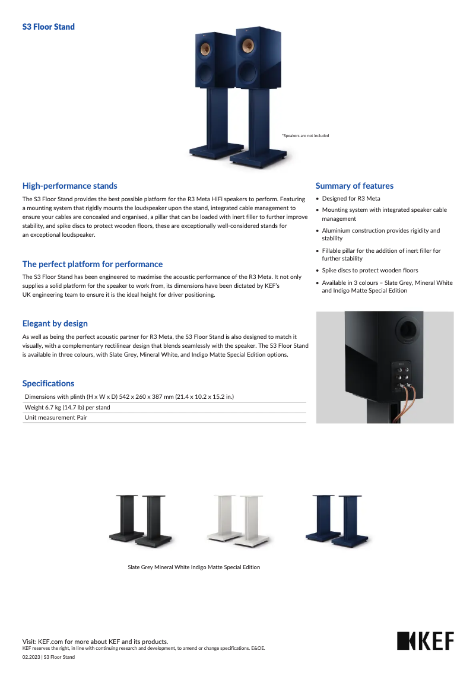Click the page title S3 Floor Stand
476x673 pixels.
click(49, 27)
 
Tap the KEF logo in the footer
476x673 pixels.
click(425, 642)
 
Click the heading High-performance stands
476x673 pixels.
click(69, 186)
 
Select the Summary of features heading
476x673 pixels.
click(354, 186)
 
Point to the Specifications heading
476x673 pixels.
click(48, 383)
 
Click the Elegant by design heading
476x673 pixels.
click(55, 323)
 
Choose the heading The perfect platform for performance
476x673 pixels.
click(92, 264)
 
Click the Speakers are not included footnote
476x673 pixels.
click(305, 136)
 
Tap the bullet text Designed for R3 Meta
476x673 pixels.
click(351, 199)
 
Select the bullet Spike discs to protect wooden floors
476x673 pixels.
click(370, 270)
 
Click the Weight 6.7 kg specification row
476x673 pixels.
click(67, 408)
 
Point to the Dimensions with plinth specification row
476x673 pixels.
click(129, 396)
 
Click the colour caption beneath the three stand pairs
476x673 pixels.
click(194, 567)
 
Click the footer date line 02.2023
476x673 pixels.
click(49, 657)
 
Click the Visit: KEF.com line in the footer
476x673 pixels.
click(95, 642)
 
